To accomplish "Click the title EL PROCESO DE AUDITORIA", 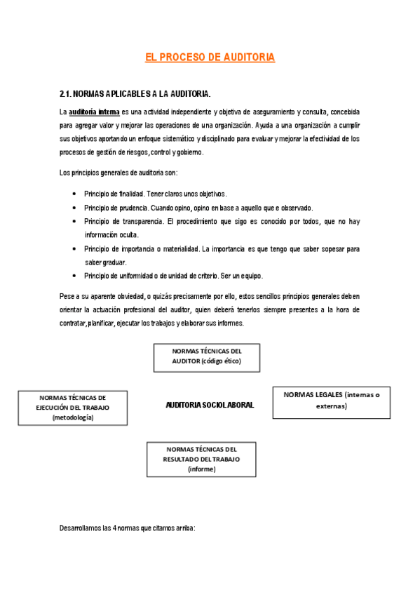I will [x=210, y=58].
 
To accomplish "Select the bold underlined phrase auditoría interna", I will [x=94, y=112].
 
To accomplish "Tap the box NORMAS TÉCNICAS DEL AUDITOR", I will [x=206, y=357].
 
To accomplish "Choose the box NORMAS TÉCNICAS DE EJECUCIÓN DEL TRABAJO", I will [x=73, y=408].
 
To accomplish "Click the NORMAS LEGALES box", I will [x=332, y=401].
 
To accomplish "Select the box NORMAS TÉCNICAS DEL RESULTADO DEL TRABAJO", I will [x=201, y=459].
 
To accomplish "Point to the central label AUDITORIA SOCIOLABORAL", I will [x=210, y=406].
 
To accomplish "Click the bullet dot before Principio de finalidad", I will [x=74, y=194].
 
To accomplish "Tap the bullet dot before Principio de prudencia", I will [x=74, y=208].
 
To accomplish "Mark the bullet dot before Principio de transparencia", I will [x=74, y=222].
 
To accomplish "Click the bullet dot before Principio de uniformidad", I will [x=74, y=276].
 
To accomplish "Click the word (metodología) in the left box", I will [x=73, y=417].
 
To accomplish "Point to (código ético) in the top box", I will [x=220, y=361].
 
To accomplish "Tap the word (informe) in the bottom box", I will [x=201, y=469].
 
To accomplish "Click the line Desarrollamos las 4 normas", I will [x=127, y=527].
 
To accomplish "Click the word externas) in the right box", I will [x=332, y=406].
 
